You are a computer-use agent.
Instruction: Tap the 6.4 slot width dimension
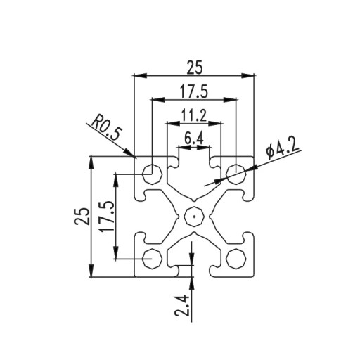tap(193, 139)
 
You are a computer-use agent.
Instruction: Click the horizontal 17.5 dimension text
tap(194, 91)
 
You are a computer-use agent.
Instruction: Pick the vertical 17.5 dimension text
tap(108, 217)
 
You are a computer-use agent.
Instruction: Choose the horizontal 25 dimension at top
tap(194, 67)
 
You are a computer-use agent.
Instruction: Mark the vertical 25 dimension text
tap(82, 216)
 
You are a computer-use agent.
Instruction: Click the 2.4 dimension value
tap(181, 305)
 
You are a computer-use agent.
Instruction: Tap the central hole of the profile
tap(194, 217)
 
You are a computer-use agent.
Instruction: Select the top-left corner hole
tap(152, 174)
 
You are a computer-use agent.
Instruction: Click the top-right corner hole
tap(236, 174)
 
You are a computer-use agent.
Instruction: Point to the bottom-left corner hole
tap(152, 258)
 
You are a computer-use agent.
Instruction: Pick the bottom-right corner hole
tap(236, 258)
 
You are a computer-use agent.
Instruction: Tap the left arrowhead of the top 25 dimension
tap(140, 75)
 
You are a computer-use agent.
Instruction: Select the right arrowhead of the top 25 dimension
tap(247, 75)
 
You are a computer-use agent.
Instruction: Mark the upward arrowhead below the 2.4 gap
tap(192, 283)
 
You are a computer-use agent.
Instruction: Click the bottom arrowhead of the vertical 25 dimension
tap(91, 270)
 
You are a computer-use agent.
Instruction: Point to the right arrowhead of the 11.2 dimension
tap(214, 123)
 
